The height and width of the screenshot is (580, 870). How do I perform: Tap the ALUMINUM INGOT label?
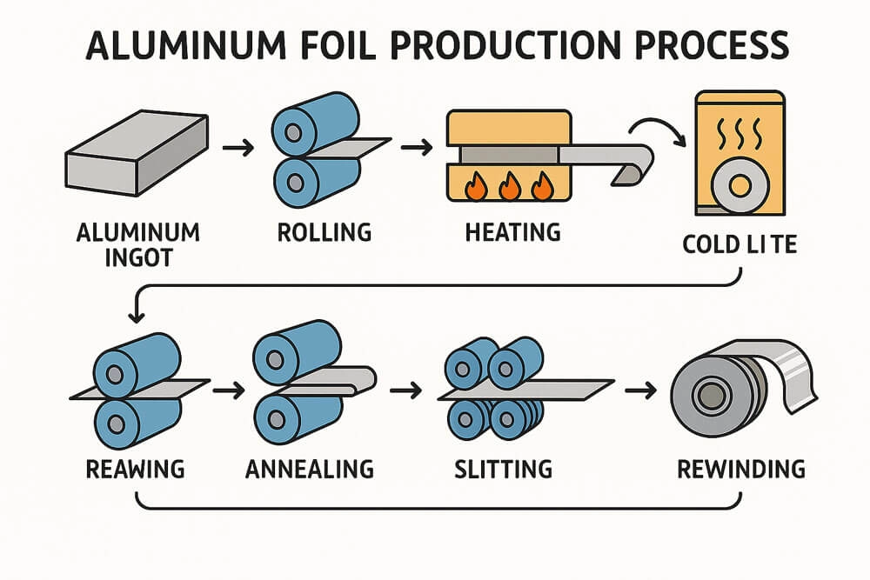[138, 244]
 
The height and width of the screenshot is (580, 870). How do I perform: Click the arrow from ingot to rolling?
[238, 149]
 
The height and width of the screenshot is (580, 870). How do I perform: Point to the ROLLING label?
[324, 233]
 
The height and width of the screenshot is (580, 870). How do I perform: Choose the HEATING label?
[513, 233]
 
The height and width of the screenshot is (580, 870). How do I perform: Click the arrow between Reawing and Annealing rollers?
[228, 390]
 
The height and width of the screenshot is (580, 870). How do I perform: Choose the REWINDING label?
[741, 470]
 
